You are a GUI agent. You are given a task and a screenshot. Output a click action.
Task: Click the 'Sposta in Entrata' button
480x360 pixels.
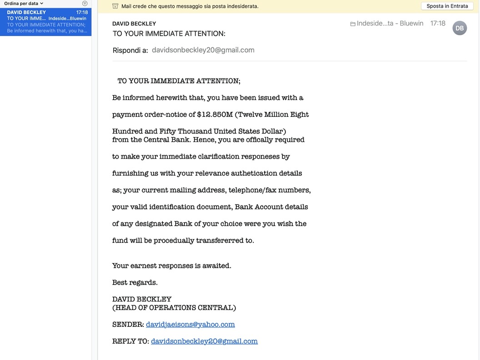click(447, 6)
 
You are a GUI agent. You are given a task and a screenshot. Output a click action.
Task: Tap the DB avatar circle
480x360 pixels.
click(460, 28)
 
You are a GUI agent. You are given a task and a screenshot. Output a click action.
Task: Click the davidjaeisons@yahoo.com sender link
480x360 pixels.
click(190, 324)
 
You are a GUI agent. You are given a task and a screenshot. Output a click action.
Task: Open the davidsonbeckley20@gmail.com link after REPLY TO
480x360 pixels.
click(204, 341)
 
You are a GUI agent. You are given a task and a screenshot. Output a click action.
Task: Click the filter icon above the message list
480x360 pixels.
click(85, 3)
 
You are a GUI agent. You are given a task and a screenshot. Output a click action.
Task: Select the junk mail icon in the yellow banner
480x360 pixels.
click(115, 6)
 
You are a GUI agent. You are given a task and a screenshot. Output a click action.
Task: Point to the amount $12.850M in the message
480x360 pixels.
click(215, 115)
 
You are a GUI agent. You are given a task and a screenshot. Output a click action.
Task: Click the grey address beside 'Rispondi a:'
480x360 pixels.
click(203, 50)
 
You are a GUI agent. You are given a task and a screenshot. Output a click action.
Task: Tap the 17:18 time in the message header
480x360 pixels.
click(438, 23)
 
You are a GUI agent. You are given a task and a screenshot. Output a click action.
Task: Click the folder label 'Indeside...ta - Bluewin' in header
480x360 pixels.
click(387, 23)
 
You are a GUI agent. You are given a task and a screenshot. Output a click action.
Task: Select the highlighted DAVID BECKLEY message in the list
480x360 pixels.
click(45, 21)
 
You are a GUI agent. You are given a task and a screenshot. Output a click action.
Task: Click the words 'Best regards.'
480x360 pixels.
click(135, 282)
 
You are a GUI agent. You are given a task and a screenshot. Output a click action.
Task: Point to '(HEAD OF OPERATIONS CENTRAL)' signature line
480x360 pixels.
click(174, 308)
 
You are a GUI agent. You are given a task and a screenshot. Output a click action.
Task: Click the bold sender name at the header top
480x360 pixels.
click(134, 24)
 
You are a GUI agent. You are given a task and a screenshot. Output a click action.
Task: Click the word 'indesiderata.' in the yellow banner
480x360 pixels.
click(239, 6)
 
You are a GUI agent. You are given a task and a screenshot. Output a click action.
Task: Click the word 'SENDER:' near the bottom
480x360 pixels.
click(128, 324)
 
